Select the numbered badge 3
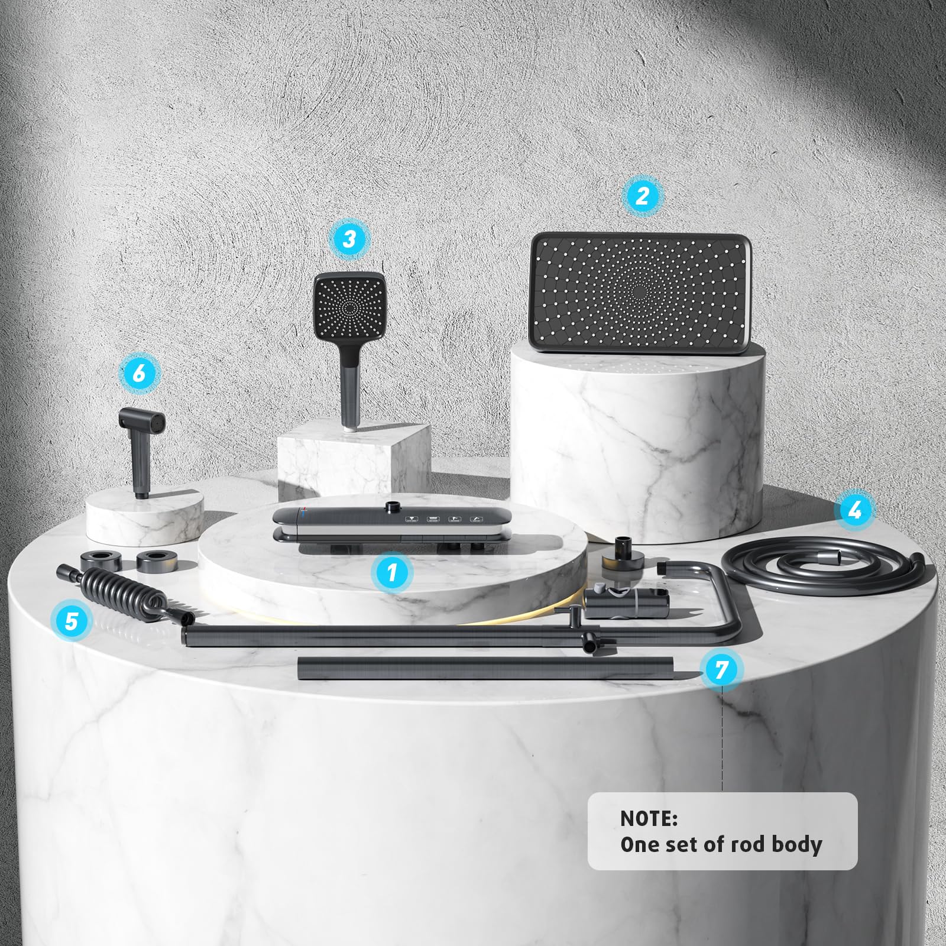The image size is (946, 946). pos(349,239)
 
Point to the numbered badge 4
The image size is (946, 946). pos(854,510)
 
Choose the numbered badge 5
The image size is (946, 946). pos(72,621)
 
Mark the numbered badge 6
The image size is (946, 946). pos(138,372)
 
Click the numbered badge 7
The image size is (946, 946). pos(721,670)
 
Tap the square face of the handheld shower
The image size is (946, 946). pos(349,307)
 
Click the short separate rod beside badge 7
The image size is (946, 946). pos(485,669)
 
